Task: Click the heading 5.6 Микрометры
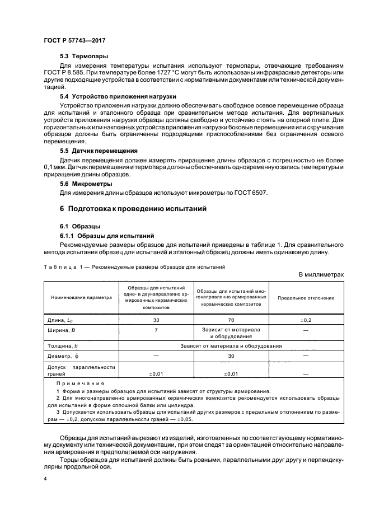tap(86, 183)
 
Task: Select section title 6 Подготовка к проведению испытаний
tap(134, 209)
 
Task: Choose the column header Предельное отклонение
tap(306, 298)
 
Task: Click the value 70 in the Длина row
tap(231, 319)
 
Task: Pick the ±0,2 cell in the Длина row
tap(306, 319)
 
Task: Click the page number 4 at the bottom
tap(45, 480)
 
